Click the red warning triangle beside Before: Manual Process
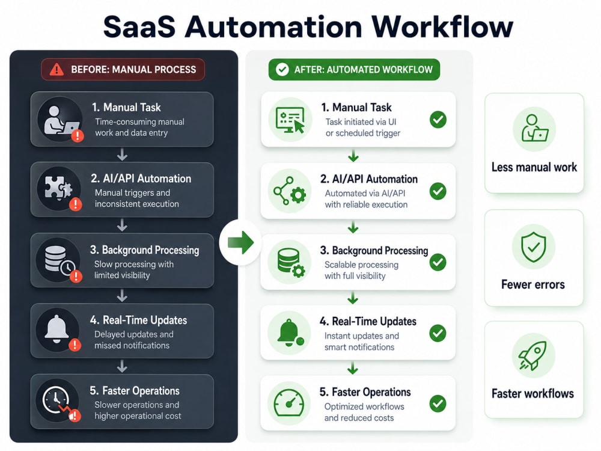(x=56, y=69)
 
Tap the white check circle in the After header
(x=282, y=69)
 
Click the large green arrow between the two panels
(x=241, y=242)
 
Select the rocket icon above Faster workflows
(x=532, y=355)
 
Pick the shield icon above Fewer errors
(x=533, y=247)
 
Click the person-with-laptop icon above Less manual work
(x=534, y=128)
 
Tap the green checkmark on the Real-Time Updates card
(x=438, y=333)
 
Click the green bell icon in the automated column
(x=290, y=332)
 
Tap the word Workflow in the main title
(x=442, y=27)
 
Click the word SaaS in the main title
(x=139, y=27)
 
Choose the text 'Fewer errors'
(x=532, y=284)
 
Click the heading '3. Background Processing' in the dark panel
(x=144, y=250)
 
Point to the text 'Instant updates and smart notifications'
(x=361, y=342)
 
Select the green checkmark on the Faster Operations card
(x=438, y=403)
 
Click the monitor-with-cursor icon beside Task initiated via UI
(x=290, y=120)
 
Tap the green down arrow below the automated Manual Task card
(x=353, y=156)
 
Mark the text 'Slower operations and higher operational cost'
(x=138, y=410)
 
